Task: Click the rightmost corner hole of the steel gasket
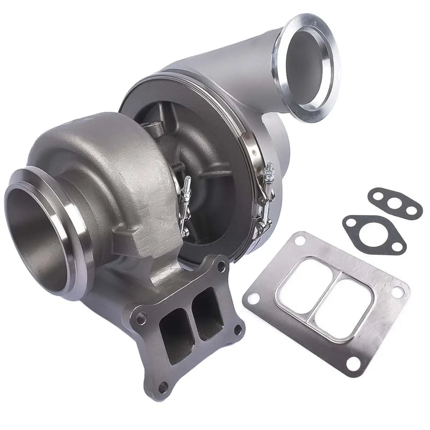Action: pyautogui.click(x=398, y=293)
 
